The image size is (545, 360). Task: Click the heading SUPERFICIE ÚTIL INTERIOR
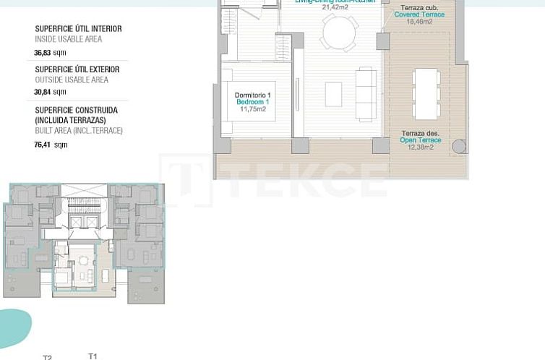tap(78, 29)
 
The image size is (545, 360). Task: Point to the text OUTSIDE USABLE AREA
tap(72, 80)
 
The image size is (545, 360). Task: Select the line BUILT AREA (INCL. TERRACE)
tap(79, 131)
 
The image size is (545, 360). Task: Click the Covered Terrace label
tap(420, 14)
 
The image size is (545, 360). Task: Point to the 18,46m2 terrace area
tap(419, 22)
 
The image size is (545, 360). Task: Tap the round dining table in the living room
tap(339, 33)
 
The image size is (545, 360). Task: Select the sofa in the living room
tap(366, 94)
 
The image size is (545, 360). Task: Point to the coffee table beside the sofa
tap(334, 94)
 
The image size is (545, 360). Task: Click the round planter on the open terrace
tap(459, 147)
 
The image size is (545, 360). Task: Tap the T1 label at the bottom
tap(92, 356)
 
